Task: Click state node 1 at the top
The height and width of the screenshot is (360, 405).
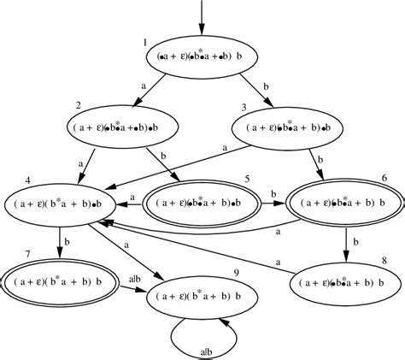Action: [x=202, y=55]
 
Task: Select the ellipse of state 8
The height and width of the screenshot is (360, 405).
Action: [x=347, y=280]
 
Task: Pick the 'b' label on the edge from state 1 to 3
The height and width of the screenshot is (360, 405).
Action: [x=268, y=87]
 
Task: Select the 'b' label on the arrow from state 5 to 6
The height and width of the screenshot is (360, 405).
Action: [x=274, y=195]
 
